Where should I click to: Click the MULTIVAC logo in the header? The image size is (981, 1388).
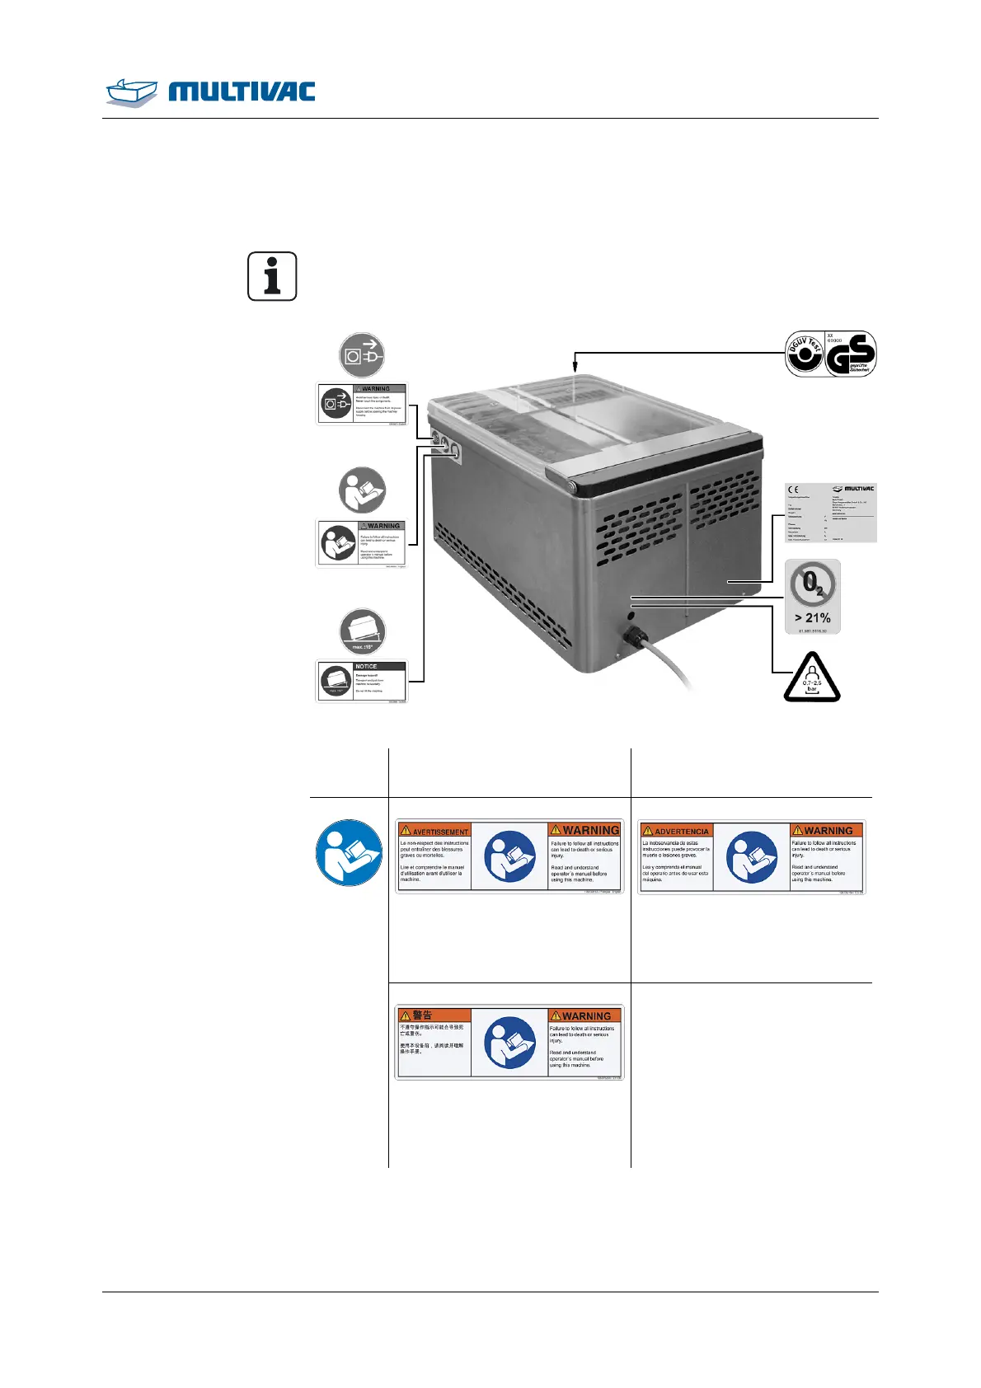[x=211, y=91]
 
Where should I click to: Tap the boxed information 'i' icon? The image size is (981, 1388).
[x=272, y=276]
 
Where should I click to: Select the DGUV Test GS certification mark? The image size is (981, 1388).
[x=830, y=354]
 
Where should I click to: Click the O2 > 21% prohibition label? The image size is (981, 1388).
[x=813, y=597]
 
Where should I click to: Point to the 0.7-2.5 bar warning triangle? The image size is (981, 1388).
[x=811, y=678]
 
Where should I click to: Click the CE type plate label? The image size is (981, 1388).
[x=829, y=513]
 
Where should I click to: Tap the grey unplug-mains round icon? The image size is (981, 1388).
[x=362, y=355]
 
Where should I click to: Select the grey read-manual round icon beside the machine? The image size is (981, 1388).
[x=362, y=490]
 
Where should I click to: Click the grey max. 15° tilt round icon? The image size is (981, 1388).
[x=362, y=632]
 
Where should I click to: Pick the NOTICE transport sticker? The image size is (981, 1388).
[x=362, y=682]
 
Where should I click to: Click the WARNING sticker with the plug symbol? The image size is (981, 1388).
[x=362, y=404]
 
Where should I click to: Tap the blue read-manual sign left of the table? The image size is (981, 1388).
[x=349, y=853]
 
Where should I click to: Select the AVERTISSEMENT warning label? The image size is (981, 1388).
[x=509, y=856]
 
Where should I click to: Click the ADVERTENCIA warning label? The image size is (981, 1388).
[x=752, y=856]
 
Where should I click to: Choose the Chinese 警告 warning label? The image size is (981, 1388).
[x=509, y=1042]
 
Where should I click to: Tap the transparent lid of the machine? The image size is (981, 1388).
[x=577, y=412]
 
